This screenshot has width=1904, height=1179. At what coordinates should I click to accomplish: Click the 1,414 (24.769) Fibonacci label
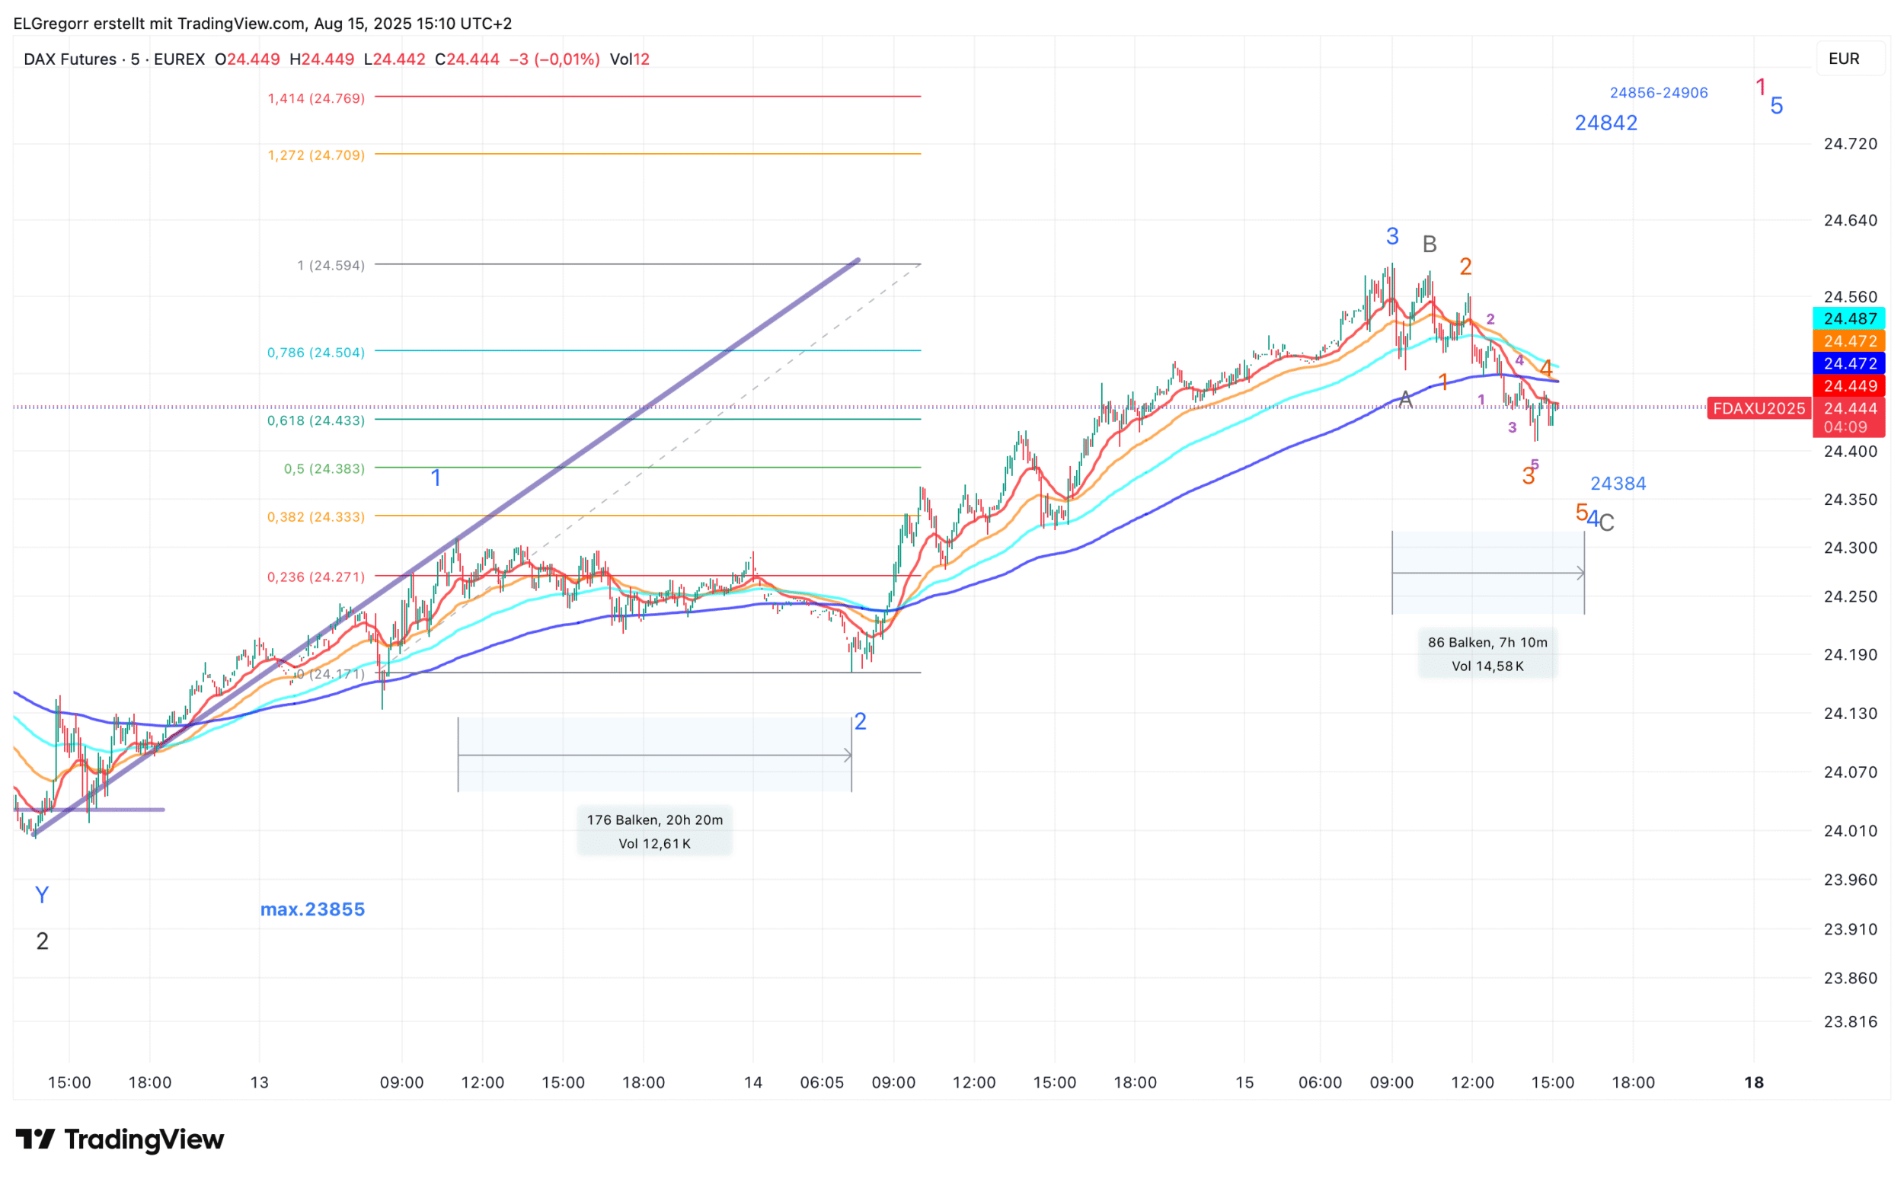[x=316, y=98]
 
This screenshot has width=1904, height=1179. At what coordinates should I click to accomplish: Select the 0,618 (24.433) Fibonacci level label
[x=316, y=421]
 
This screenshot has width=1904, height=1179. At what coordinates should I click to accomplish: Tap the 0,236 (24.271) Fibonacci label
[x=316, y=577]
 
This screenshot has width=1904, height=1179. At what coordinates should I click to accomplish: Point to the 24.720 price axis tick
[x=1849, y=143]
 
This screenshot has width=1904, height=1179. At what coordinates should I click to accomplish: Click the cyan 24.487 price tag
[x=1849, y=318]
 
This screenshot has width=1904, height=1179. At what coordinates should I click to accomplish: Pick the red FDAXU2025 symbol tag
[x=1759, y=408]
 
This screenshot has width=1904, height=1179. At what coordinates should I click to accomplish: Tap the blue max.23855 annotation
[x=312, y=909]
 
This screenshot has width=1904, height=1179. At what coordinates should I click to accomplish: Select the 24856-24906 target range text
[x=1659, y=93]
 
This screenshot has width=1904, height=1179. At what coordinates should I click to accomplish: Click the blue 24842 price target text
[x=1605, y=123]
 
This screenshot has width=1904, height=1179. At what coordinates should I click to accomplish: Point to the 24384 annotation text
[x=1618, y=484]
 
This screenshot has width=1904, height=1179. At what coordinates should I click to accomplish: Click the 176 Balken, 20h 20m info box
[x=654, y=831]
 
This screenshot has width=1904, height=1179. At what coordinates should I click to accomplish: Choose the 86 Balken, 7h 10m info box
[x=1487, y=653]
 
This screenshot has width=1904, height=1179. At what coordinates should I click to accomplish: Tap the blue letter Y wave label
[x=42, y=895]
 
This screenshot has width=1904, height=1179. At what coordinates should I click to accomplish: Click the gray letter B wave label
[x=1429, y=244]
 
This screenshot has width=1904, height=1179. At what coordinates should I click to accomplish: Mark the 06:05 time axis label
[x=822, y=1082]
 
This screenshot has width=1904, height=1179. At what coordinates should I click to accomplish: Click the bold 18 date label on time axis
[x=1753, y=1082]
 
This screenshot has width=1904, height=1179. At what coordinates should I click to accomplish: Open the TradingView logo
[x=120, y=1139]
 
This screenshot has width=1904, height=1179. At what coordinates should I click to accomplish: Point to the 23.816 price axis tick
[x=1849, y=1021]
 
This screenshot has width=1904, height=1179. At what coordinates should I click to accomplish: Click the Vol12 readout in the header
[x=629, y=59]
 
